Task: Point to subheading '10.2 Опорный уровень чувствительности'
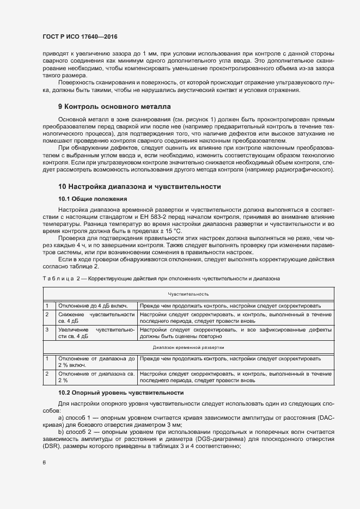(121, 393)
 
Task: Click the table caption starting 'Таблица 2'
(161, 279)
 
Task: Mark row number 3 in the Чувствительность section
(47, 330)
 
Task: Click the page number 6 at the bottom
(44, 463)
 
